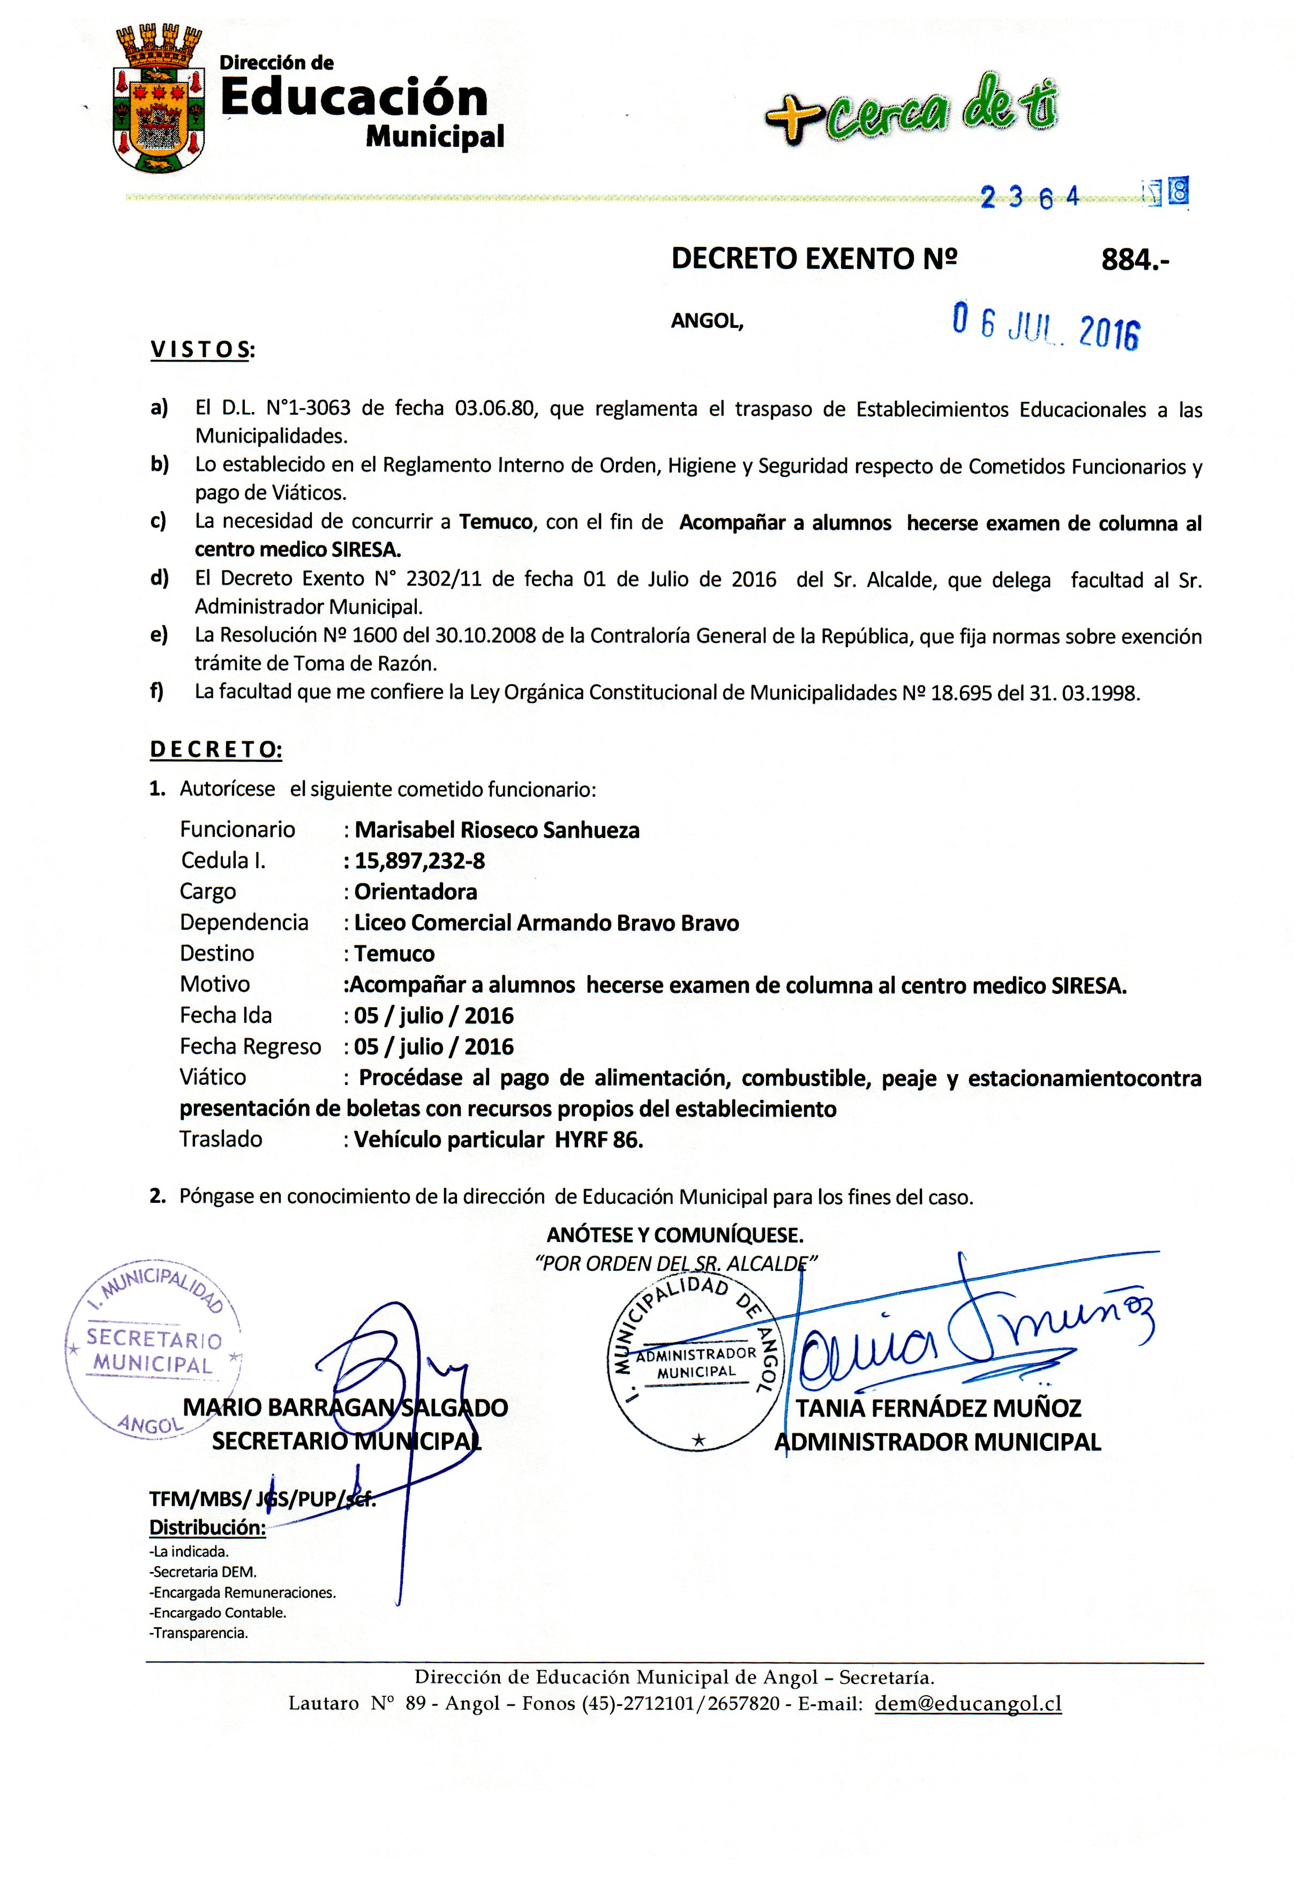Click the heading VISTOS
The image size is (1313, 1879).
coord(202,350)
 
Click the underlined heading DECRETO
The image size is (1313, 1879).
coord(216,750)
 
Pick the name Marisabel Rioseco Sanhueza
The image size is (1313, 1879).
coord(497,830)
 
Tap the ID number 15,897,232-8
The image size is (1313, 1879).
coord(419,861)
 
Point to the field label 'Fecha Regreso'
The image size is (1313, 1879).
coord(250,1047)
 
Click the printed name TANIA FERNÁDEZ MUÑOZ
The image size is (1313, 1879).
coord(939,1409)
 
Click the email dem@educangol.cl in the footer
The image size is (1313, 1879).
coord(968,1703)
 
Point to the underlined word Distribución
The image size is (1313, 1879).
coord(207,1527)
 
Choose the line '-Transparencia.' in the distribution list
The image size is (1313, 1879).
coord(199,1632)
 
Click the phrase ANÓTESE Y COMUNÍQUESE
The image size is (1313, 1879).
coord(675,1235)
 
